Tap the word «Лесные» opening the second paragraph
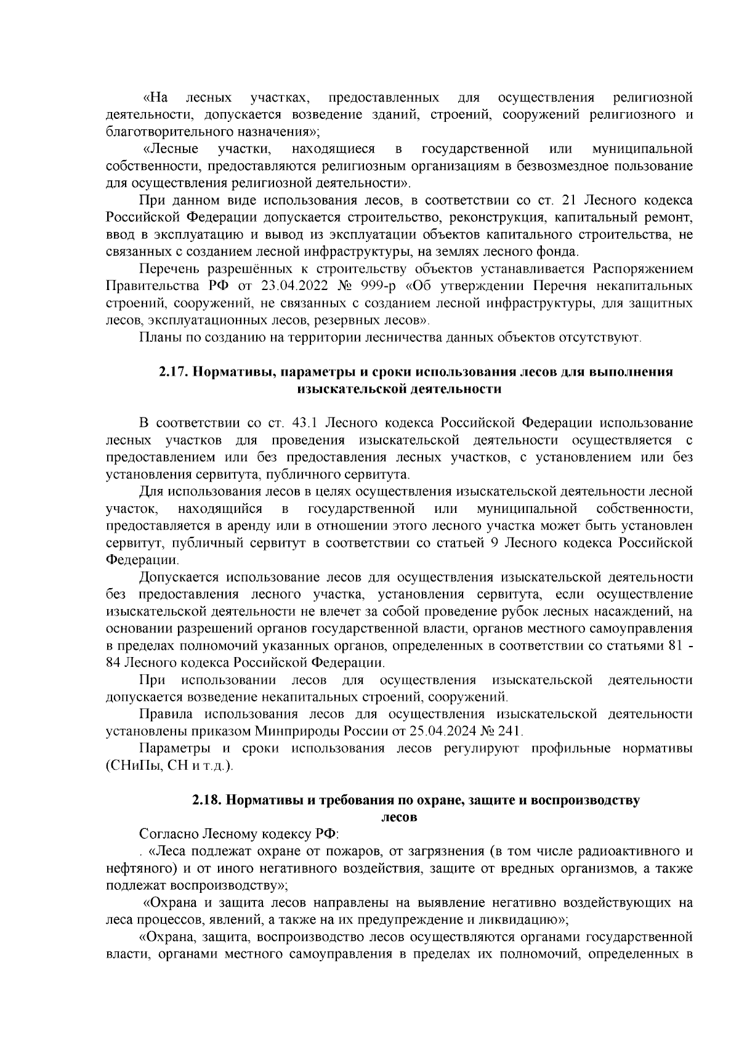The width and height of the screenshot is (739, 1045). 171,149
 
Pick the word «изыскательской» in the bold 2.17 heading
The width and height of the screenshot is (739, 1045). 345,389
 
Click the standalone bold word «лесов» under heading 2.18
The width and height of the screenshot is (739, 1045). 399,817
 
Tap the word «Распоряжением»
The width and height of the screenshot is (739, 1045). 643,269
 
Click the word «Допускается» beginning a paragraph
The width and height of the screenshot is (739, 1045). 179,577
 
